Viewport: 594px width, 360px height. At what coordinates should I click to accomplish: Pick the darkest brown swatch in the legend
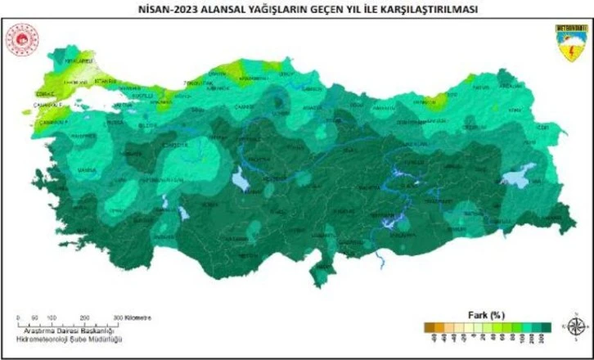(x=427, y=326)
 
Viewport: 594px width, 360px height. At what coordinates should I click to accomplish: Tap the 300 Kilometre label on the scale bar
(x=131, y=317)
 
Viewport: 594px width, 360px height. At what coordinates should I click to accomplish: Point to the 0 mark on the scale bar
(x=17, y=317)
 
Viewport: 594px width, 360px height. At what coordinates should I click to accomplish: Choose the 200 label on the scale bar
(x=85, y=317)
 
